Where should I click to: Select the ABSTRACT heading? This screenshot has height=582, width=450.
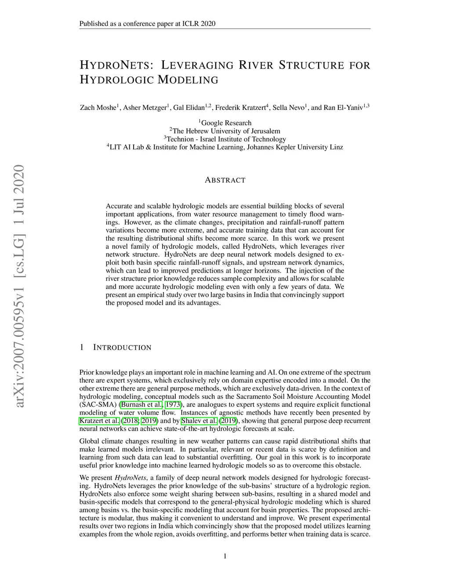[225, 180]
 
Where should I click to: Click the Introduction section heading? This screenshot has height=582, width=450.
[122, 347]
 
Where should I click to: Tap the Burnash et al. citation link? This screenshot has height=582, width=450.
[142, 405]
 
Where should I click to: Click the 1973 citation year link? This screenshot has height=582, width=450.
[173, 405]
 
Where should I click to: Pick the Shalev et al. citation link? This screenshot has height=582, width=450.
[199, 421]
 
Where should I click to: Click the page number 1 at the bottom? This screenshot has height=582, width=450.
[225, 557]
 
